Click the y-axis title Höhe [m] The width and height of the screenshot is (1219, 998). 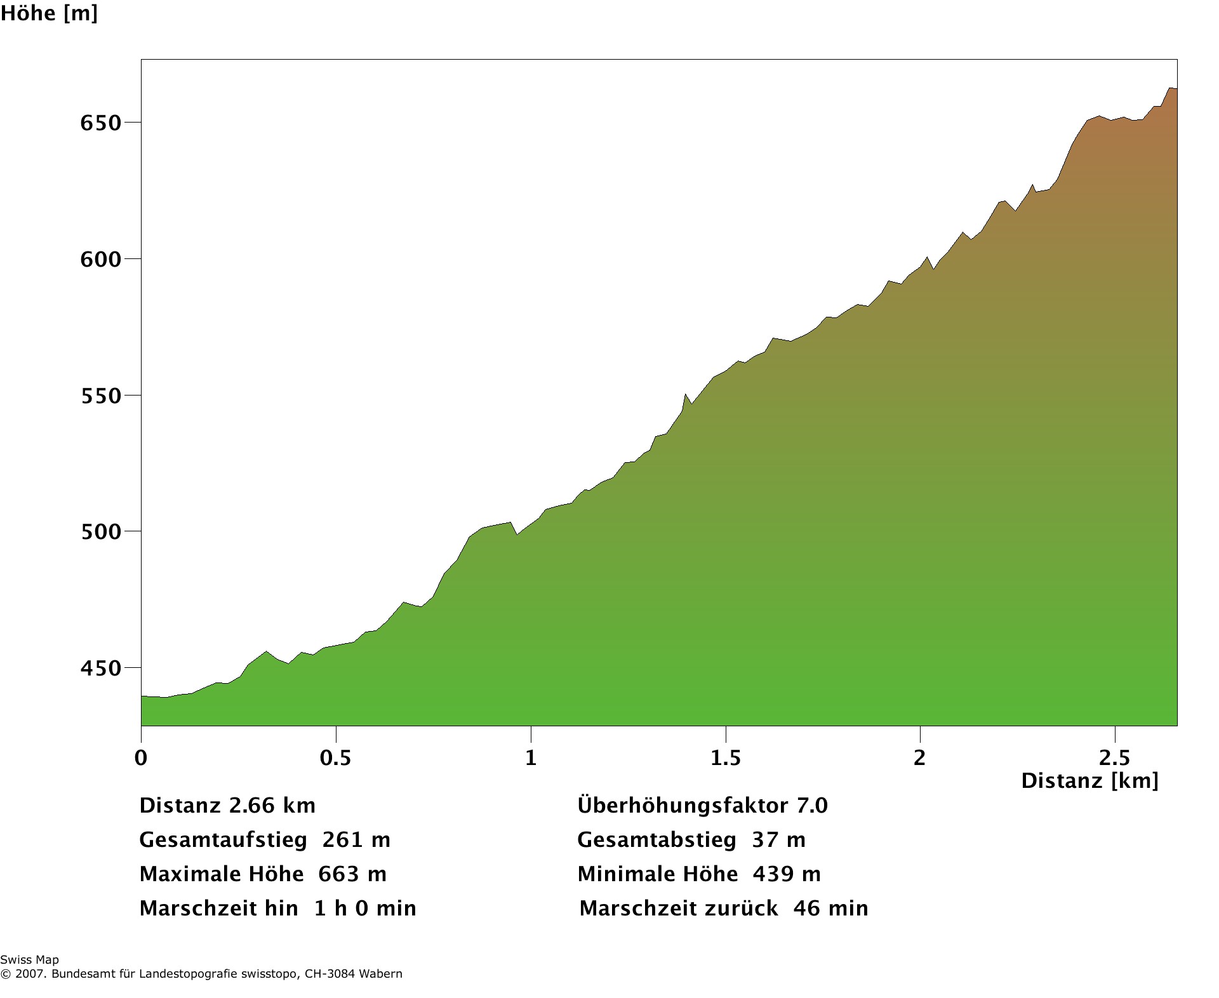49,13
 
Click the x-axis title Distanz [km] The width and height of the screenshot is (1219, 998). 1089,780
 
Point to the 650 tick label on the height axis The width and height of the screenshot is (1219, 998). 100,123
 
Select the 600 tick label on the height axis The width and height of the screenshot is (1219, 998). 100,259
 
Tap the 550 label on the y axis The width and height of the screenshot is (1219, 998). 100,396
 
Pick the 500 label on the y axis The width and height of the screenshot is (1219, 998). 100,531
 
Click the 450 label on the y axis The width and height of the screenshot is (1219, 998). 100,668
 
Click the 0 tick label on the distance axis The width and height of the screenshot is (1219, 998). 141,757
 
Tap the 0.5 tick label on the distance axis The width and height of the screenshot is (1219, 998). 335,757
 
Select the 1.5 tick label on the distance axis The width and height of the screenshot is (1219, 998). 725,757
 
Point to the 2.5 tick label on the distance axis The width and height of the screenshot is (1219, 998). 1115,757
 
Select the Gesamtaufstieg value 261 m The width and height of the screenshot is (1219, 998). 356,840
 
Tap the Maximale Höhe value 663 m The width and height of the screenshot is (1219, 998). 352,874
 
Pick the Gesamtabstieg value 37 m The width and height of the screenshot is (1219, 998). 778,840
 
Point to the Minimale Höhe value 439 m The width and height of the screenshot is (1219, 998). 787,874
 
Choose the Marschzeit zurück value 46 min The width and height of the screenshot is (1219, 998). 830,908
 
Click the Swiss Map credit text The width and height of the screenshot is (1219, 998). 29,960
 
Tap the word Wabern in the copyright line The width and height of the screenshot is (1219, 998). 381,974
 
